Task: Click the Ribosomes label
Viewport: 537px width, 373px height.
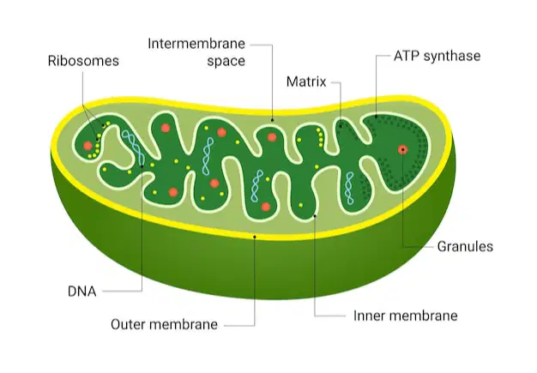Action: coord(83,61)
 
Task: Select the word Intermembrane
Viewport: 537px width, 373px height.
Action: coord(196,44)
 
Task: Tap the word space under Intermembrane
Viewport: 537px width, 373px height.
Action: coord(226,62)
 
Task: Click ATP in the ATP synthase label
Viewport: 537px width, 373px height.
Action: coord(406,56)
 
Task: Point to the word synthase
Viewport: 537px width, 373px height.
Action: coord(452,56)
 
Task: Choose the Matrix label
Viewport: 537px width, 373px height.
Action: coord(306,81)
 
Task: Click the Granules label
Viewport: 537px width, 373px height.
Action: coord(465,246)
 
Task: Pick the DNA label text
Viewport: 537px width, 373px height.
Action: coord(82,292)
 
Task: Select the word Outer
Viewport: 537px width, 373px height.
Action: coord(126,324)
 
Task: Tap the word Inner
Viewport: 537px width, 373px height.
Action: coord(368,316)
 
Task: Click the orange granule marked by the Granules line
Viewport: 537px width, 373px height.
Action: coord(403,149)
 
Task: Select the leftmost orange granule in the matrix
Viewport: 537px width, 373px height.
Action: coord(88,146)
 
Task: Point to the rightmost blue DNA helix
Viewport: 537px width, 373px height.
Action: coord(349,188)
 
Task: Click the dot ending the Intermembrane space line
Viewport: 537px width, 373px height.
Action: coord(272,120)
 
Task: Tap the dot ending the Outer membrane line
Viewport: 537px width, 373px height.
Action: coord(255,237)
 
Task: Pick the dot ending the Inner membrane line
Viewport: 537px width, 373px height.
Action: coord(315,216)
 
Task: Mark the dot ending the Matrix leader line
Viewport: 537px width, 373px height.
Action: coord(341,126)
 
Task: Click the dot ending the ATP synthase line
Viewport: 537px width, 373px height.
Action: coord(376,117)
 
